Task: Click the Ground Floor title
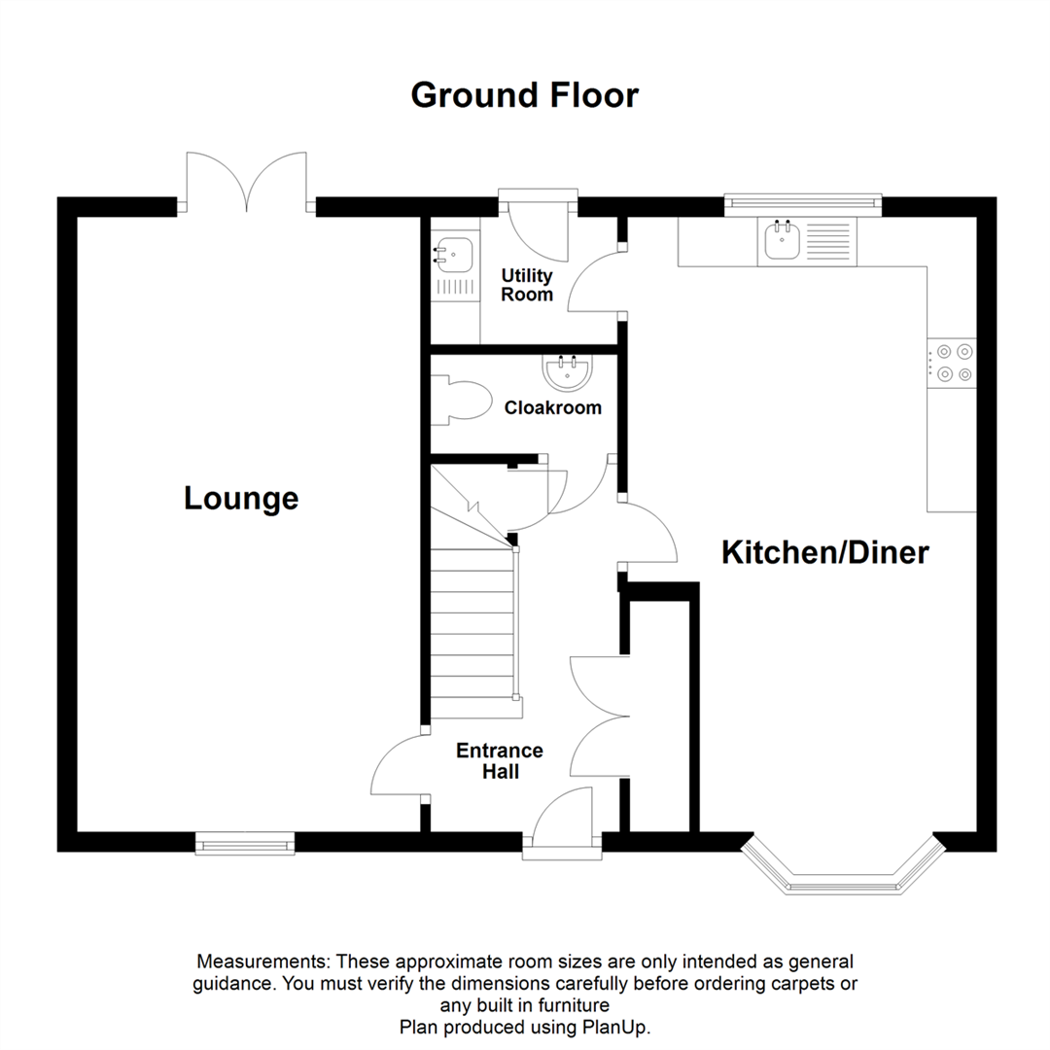click(524, 95)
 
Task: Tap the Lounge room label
click(241, 499)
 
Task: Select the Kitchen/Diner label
click(825, 552)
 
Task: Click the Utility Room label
click(527, 286)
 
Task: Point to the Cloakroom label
click(552, 407)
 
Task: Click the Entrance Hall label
click(500, 761)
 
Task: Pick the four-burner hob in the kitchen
click(951, 362)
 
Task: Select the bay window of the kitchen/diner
click(843, 871)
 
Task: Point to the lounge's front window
click(245, 843)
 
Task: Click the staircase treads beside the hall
click(472, 622)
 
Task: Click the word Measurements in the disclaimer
click(264, 962)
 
